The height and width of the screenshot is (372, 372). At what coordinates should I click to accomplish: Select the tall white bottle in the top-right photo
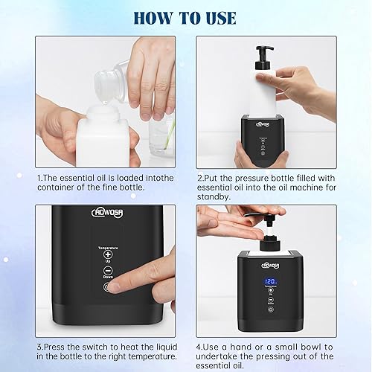(x=264, y=90)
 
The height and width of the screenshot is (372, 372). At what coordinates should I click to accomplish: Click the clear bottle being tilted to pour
(x=106, y=75)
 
